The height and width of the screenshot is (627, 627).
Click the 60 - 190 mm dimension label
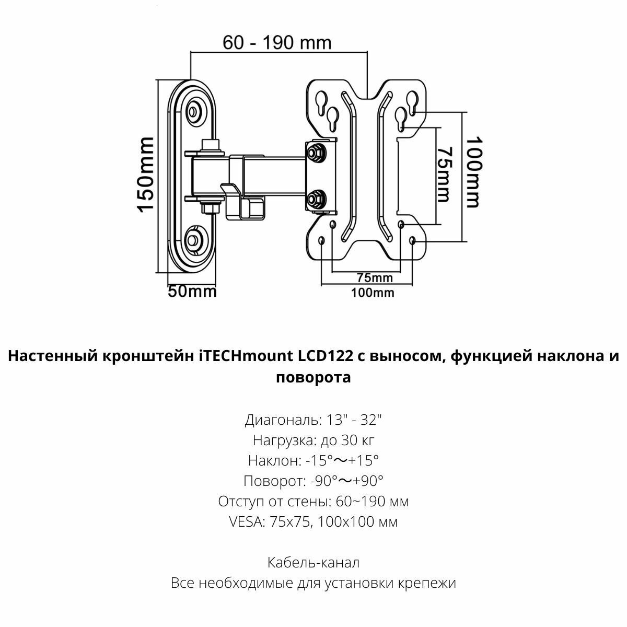pos(277,42)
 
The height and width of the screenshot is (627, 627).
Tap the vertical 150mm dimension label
pos(146,175)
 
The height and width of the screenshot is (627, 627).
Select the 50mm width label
pos(192,291)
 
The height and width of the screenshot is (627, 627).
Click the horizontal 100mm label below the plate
pos(373,293)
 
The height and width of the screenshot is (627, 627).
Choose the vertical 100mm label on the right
pos(473,172)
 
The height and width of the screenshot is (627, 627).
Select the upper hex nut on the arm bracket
pos(315,152)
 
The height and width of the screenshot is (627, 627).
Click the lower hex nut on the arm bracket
pos(315,199)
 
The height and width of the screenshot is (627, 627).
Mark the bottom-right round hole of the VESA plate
pos(414,240)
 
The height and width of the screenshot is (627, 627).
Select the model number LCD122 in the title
pos(324,357)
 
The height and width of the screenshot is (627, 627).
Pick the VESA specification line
pos(313,522)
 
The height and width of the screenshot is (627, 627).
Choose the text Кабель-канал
pos(313,563)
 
